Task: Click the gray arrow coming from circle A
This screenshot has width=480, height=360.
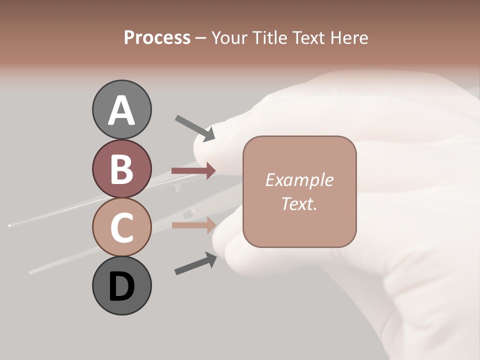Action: coord(194,127)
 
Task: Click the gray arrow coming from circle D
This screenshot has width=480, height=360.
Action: coord(195,263)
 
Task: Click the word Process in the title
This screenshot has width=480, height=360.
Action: coord(157,38)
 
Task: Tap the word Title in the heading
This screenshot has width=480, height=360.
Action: coord(269,38)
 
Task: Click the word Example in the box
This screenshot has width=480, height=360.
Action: coord(299,180)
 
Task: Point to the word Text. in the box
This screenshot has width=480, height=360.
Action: coord(299,203)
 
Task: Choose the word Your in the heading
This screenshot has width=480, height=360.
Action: coord(230,38)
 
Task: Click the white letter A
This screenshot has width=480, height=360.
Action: coord(121,111)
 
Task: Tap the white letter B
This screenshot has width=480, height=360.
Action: coord(121,169)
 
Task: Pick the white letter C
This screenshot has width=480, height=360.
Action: coord(121,227)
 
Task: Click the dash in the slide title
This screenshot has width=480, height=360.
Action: coord(200,38)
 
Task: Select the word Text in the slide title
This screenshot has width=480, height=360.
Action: coord(307,38)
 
